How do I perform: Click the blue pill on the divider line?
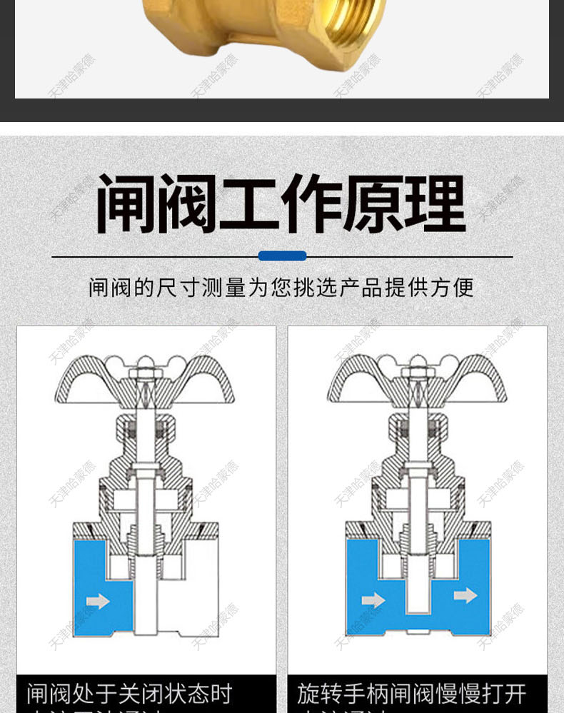(x=282, y=256)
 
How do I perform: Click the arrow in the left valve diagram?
(x=98, y=601)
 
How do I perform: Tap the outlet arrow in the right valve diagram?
(x=465, y=595)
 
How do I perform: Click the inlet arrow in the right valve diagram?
(x=373, y=601)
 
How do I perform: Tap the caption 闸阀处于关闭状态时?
(x=130, y=693)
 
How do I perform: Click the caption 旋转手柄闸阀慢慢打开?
(x=412, y=693)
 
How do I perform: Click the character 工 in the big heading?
(x=249, y=204)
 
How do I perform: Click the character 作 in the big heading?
(x=311, y=204)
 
